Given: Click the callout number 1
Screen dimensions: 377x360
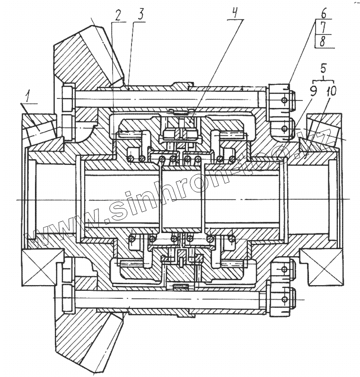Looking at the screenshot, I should (x=28, y=98).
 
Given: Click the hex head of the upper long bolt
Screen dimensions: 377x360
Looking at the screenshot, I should (x=67, y=97).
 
